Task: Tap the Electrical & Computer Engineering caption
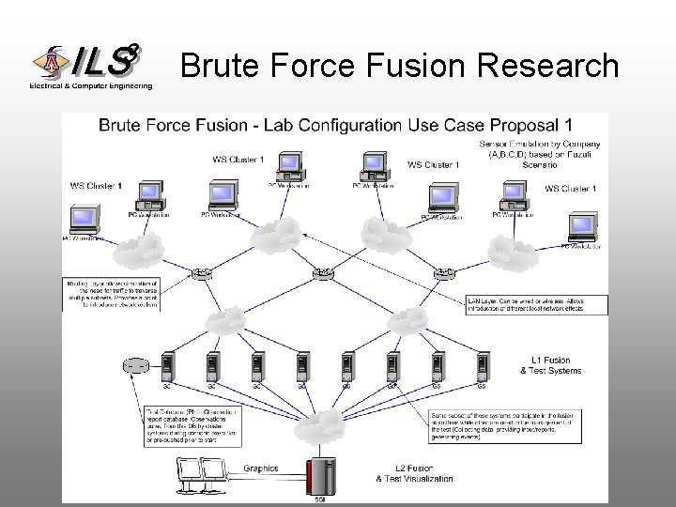90,86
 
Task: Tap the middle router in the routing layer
323,273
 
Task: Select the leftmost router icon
201,274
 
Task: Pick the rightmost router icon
444,274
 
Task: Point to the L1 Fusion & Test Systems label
556,365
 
